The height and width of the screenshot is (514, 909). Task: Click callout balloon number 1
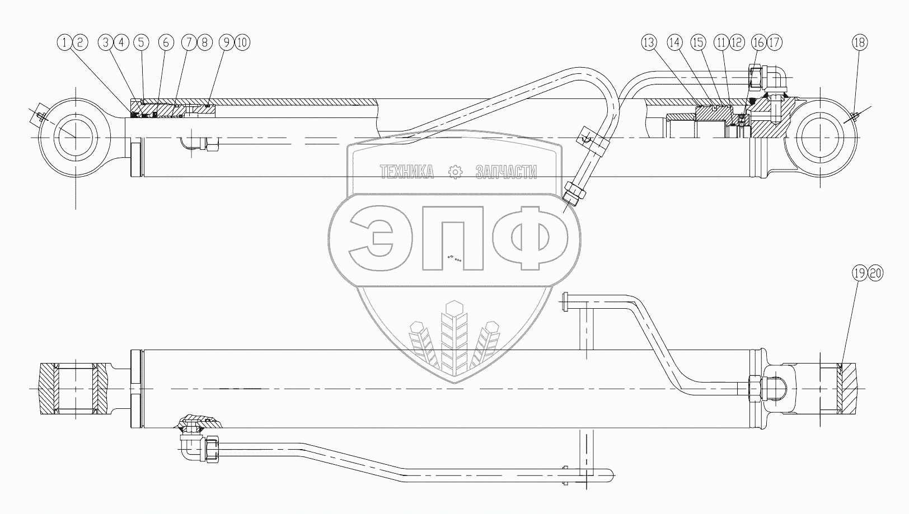(65, 43)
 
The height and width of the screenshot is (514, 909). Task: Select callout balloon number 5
(141, 43)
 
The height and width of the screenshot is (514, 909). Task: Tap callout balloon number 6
(166, 43)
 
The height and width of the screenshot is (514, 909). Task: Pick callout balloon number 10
(242, 43)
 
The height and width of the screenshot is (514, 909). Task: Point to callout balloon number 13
(649, 43)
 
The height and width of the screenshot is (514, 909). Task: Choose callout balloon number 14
(675, 43)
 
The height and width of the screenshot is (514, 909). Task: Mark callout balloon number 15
(699, 43)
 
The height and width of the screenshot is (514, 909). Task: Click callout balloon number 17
(774, 43)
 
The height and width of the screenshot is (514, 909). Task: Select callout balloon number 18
(860, 43)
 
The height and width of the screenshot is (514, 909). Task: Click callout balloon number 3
(106, 43)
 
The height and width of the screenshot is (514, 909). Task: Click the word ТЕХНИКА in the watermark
(406, 172)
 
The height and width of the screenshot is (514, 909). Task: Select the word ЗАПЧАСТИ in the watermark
(506, 172)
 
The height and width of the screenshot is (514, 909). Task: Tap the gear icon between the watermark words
(455, 172)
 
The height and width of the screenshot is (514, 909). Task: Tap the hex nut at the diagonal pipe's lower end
(575, 191)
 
